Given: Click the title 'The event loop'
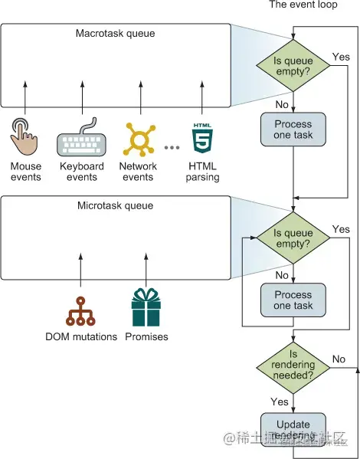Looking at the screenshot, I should [303, 5].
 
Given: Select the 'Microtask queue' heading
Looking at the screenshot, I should [115, 205].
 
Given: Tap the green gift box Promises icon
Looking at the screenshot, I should [146, 308].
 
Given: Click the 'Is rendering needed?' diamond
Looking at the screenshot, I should [293, 366].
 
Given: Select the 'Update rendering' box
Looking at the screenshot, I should [293, 430].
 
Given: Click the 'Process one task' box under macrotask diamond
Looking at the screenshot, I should [293, 130].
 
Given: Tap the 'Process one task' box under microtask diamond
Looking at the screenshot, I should [293, 300].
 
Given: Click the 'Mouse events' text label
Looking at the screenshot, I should [26, 172].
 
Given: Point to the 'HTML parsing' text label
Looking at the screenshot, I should [202, 172].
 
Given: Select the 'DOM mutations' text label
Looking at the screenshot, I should [80, 336].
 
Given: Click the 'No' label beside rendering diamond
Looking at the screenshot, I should [339, 359].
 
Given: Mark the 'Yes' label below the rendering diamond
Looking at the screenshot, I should [279, 401].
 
